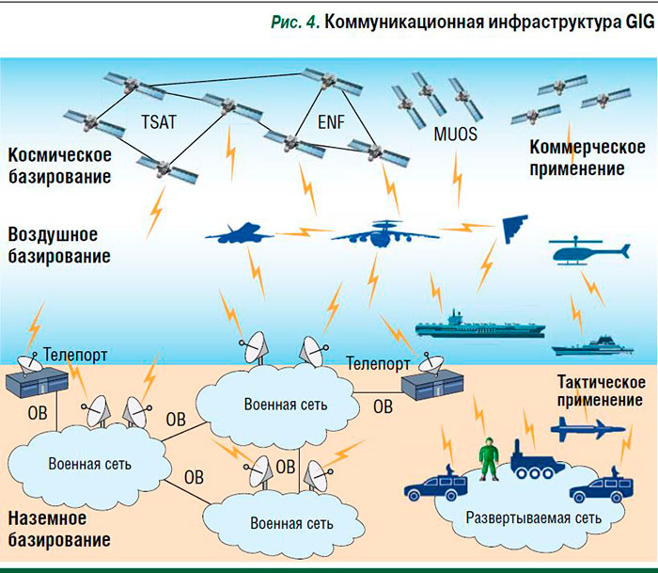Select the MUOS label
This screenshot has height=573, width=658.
click(x=455, y=134)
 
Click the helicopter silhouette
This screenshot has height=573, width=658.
click(x=587, y=253)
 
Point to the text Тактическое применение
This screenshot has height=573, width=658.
click(x=601, y=391)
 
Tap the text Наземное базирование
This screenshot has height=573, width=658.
click(x=58, y=529)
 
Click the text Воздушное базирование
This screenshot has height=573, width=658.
click(x=58, y=244)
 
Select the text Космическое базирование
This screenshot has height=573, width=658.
click(x=60, y=165)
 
